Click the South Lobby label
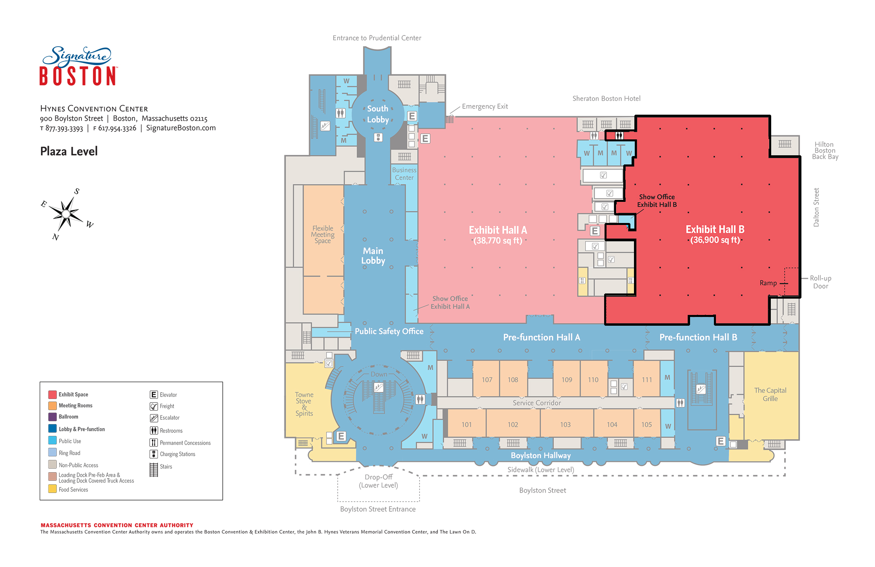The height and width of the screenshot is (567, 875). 378,114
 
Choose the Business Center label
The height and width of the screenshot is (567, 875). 404,174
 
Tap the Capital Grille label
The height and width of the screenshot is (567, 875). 770,394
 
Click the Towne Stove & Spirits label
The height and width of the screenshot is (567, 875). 304,404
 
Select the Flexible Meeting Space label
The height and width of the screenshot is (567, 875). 323,234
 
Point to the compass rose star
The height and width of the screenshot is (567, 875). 66,214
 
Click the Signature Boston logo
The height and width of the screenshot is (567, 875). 78,66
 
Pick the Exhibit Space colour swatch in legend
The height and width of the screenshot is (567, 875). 52,395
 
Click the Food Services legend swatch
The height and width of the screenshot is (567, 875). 52,489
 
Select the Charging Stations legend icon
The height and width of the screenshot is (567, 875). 154,454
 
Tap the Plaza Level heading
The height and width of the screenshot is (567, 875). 69,151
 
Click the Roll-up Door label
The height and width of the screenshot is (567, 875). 821,282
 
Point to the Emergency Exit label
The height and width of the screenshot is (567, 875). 485,106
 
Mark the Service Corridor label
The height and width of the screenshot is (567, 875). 537,403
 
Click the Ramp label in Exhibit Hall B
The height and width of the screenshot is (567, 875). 768,283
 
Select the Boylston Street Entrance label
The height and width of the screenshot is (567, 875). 378,509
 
